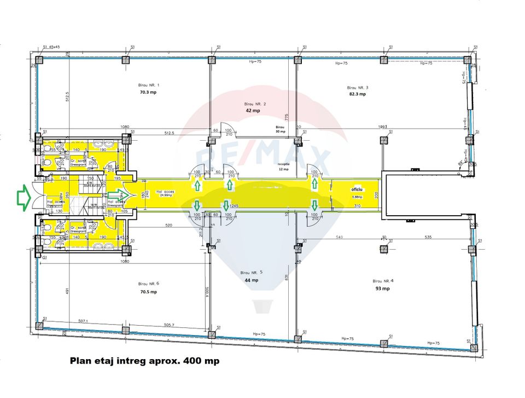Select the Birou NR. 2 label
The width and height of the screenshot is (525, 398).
click(x=255, y=103)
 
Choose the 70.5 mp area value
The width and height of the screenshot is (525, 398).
click(x=148, y=292)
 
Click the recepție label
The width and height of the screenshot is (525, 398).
click(x=284, y=163)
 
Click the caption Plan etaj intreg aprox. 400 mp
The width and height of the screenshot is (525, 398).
click(x=144, y=361)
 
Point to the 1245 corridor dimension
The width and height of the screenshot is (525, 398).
click(x=235, y=205)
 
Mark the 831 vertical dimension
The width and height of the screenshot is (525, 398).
click(x=286, y=278)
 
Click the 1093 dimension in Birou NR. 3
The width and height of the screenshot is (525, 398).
click(x=382, y=126)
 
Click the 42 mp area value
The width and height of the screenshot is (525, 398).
click(x=253, y=111)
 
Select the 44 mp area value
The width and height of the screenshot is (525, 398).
click(x=252, y=280)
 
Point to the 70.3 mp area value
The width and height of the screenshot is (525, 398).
click(x=148, y=93)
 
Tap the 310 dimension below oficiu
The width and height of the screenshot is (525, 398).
click(x=358, y=206)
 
